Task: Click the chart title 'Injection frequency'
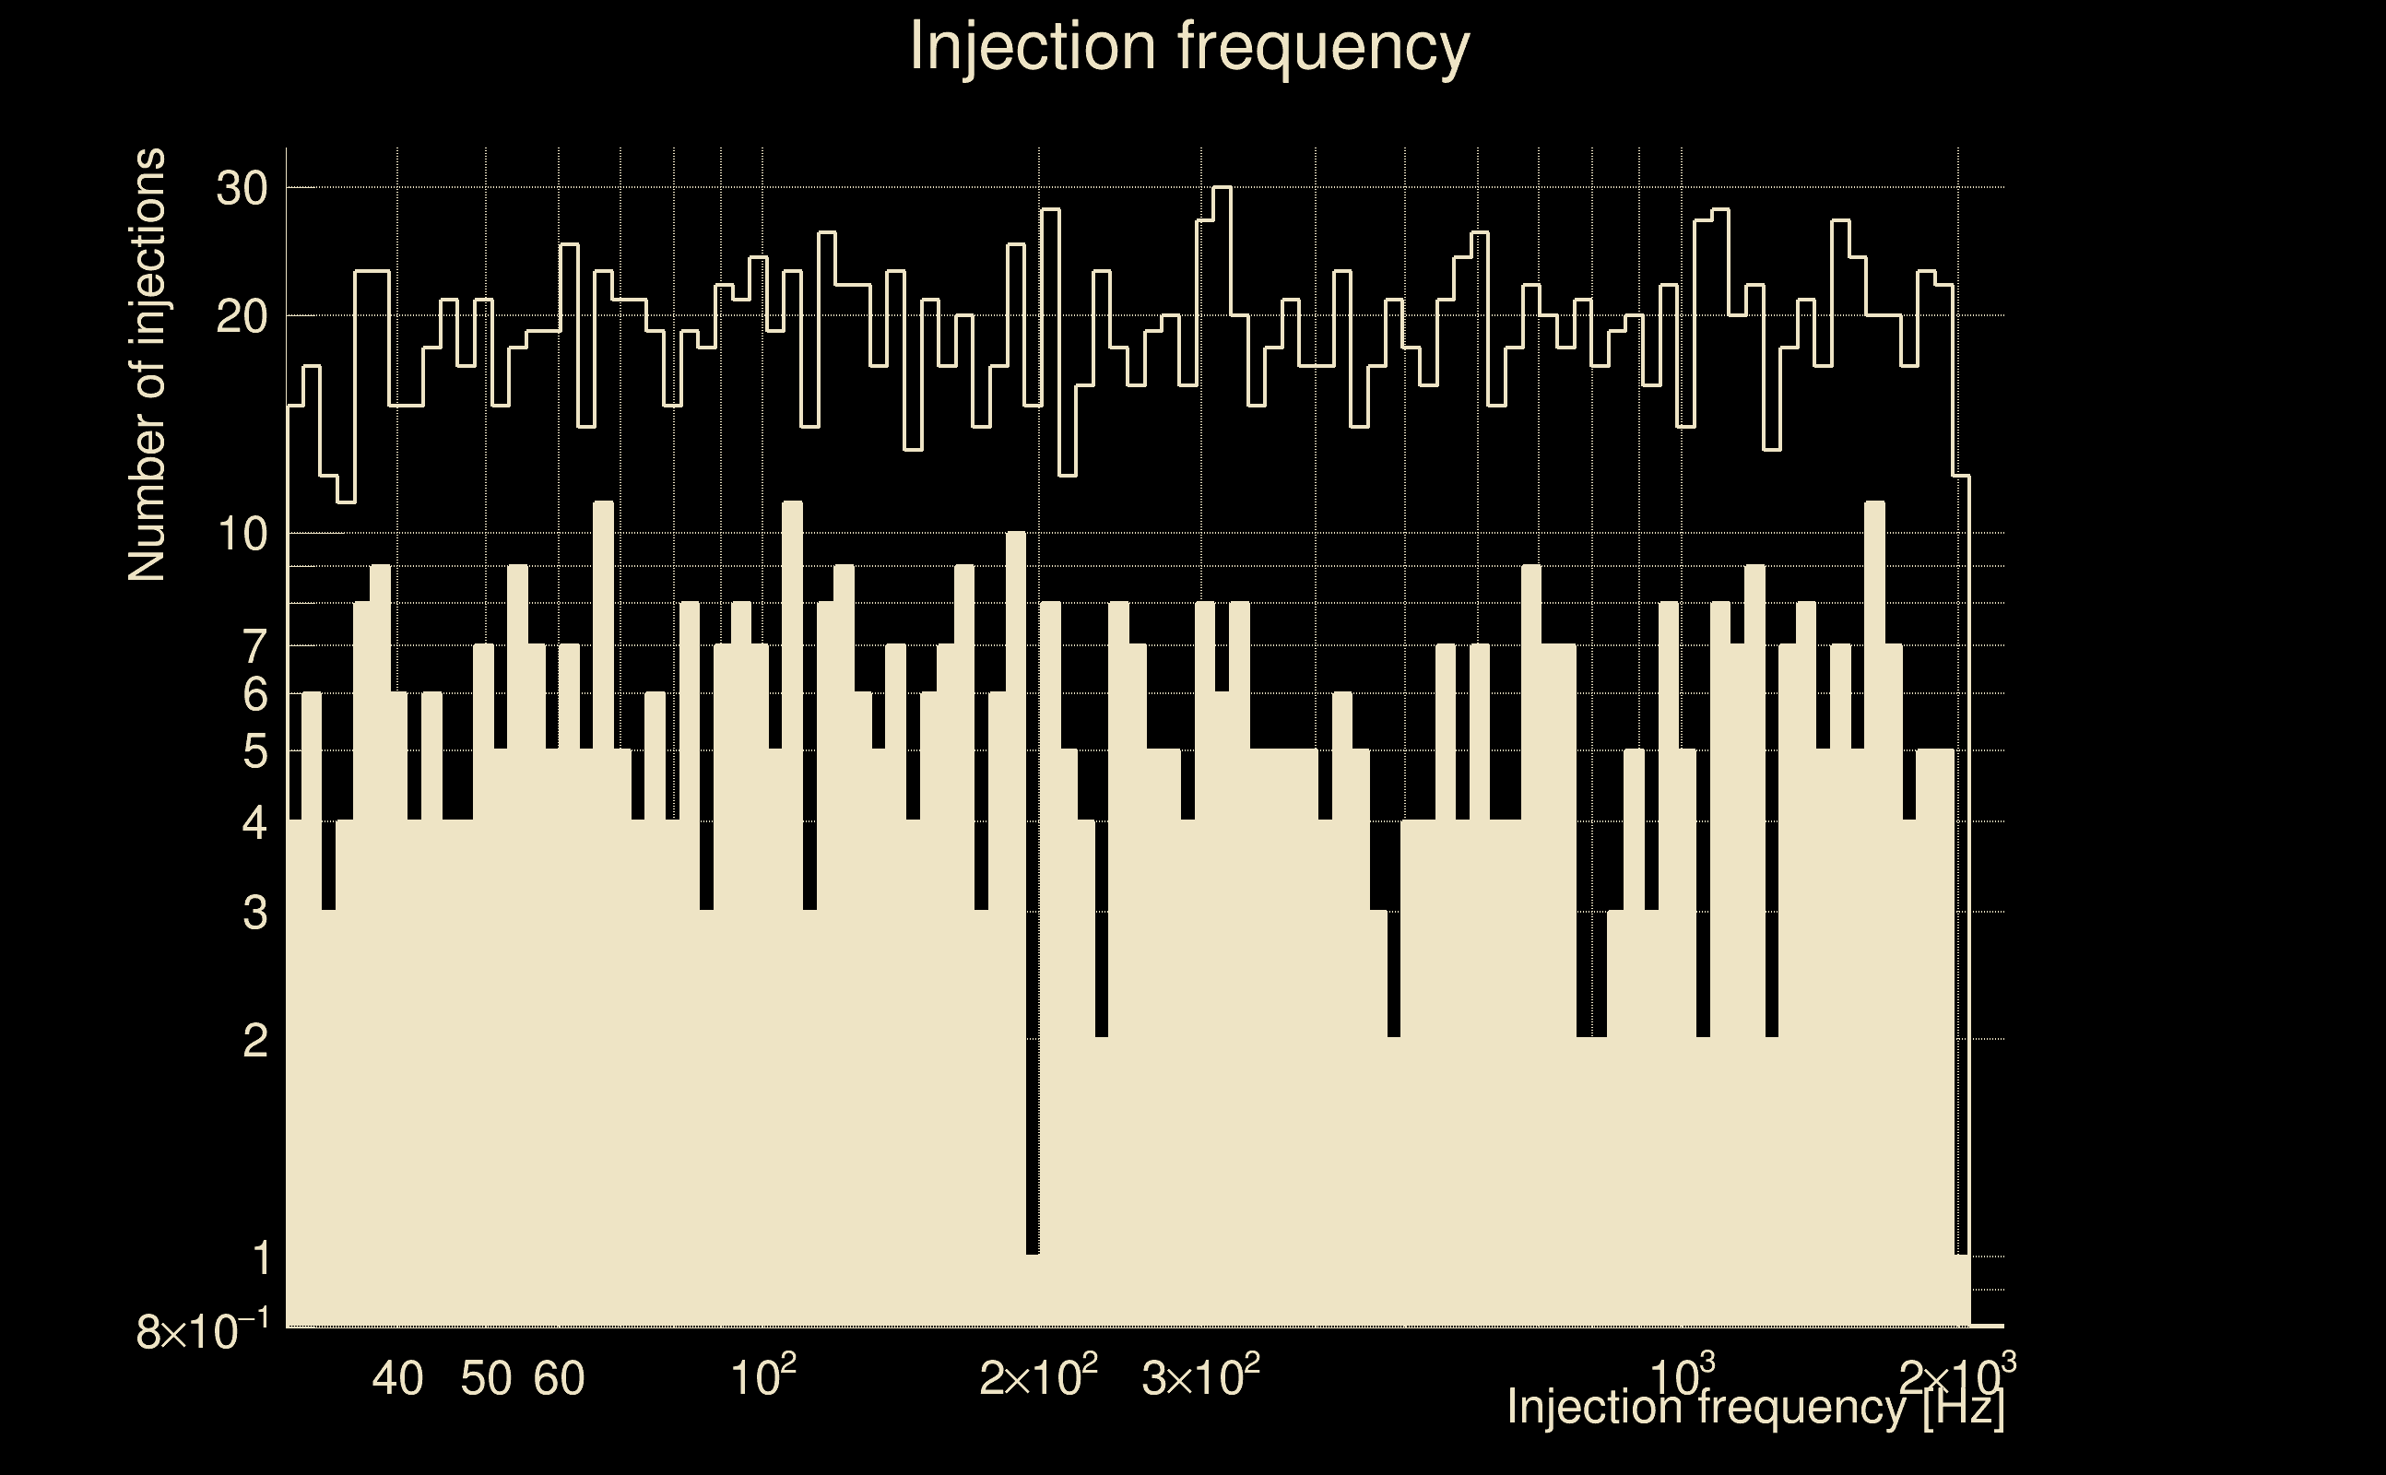point(1189,46)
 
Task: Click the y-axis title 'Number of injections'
point(148,365)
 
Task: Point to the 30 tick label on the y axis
point(241,188)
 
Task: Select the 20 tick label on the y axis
point(241,317)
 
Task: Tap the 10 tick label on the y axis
point(241,535)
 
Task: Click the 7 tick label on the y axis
point(254,647)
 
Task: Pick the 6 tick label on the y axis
point(254,694)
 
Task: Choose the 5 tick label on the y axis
point(254,752)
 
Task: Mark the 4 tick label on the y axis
point(254,823)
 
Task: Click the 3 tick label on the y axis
point(254,913)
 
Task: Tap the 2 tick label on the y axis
point(254,1042)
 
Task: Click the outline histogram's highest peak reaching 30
point(1223,188)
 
